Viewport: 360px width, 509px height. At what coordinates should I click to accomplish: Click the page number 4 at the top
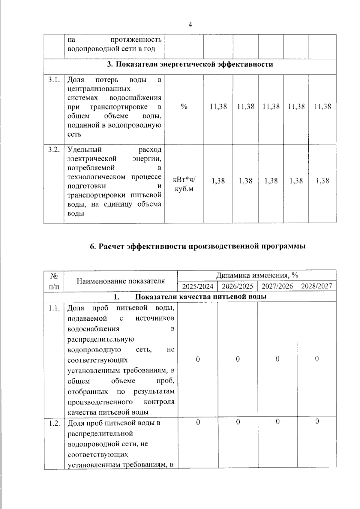[190, 25]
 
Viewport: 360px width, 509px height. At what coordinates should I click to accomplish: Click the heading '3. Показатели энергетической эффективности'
[190, 64]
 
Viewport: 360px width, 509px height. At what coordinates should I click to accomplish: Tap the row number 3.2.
[54, 150]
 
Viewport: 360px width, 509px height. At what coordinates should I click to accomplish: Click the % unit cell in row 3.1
[184, 107]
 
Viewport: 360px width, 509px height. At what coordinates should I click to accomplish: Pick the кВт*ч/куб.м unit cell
[184, 184]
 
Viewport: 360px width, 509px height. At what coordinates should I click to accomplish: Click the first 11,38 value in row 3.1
[218, 106]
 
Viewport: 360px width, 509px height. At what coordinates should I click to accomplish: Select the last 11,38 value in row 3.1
[322, 106]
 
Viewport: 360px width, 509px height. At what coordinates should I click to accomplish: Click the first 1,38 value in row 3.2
[218, 181]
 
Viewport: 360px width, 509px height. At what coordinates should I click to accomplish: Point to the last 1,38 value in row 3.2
[322, 181]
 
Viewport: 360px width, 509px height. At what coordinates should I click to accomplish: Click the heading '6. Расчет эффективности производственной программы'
[198, 246]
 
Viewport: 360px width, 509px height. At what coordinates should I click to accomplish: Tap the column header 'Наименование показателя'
[121, 281]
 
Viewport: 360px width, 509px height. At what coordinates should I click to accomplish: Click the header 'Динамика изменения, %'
[257, 275]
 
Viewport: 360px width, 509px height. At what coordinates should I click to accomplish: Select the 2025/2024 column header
[198, 286]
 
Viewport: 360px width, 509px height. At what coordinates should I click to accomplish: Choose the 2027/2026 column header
[277, 286]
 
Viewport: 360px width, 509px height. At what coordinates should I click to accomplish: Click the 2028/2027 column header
[316, 286]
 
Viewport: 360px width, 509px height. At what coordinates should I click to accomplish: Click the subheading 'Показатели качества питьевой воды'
[201, 297]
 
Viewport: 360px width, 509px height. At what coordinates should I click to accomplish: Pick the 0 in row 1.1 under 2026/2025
[238, 359]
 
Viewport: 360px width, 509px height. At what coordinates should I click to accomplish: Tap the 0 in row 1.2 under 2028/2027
[317, 422]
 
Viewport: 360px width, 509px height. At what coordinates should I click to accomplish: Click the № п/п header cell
[54, 281]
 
